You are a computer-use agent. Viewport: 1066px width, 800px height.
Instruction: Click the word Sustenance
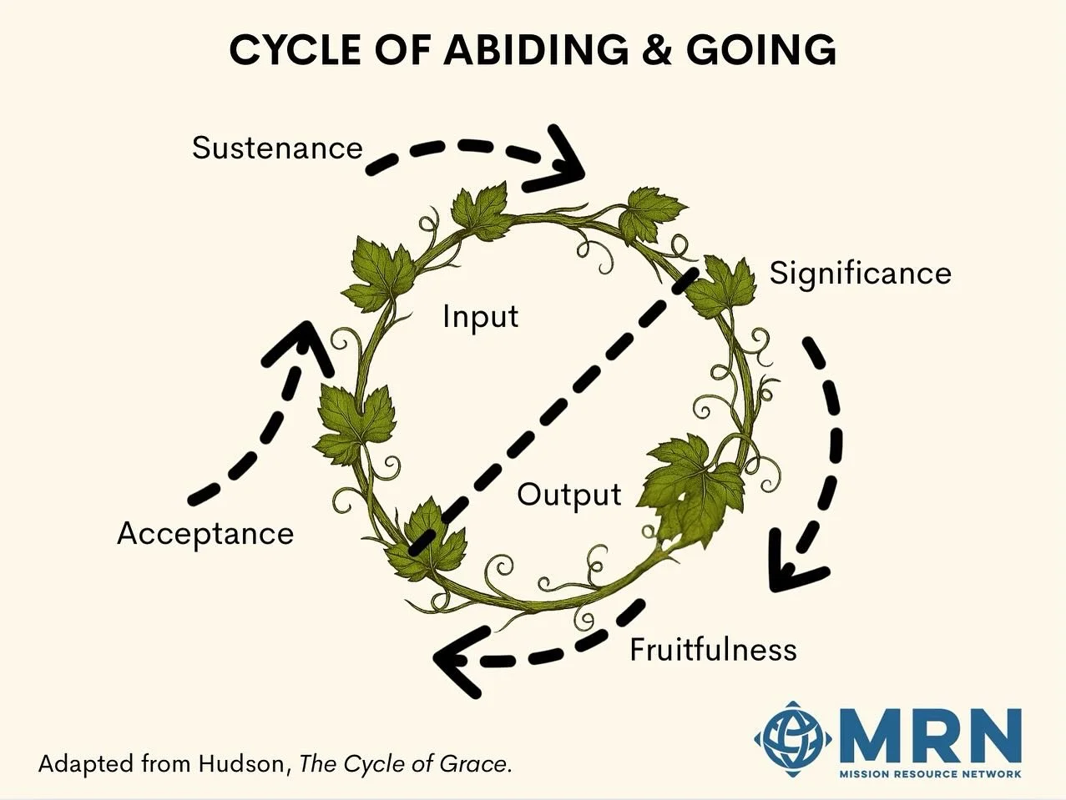point(277,148)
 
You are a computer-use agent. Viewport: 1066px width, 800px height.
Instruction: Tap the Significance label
point(860,274)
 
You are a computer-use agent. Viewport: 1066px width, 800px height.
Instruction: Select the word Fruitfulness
point(713,649)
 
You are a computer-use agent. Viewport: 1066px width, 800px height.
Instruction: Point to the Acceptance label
point(205,534)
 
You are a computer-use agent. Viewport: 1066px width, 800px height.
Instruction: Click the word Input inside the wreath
point(480,316)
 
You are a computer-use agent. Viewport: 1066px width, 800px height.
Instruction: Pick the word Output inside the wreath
point(568,495)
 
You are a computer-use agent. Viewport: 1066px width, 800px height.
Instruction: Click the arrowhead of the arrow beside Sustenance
point(568,158)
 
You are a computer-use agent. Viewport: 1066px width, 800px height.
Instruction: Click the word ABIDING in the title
point(535,51)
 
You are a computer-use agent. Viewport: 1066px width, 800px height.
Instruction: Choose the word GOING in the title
point(760,51)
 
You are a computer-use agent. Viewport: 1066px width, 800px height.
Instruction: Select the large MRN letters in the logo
point(927,735)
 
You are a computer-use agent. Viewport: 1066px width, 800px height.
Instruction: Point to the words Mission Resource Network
point(930,773)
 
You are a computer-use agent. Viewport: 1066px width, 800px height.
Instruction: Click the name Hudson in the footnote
point(243,763)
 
